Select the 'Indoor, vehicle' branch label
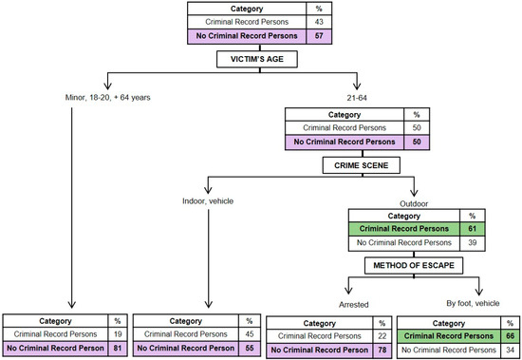pyautogui.click(x=207, y=200)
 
